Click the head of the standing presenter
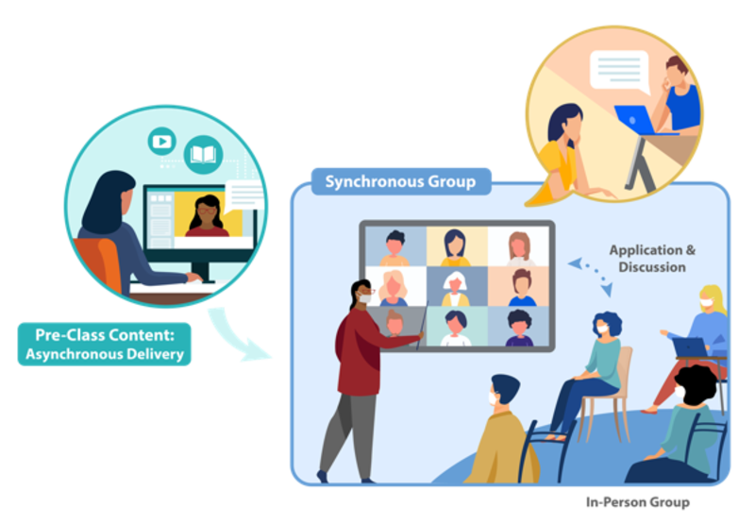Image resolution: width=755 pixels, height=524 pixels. (x=362, y=294)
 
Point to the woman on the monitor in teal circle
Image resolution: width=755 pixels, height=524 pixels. (x=206, y=218)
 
